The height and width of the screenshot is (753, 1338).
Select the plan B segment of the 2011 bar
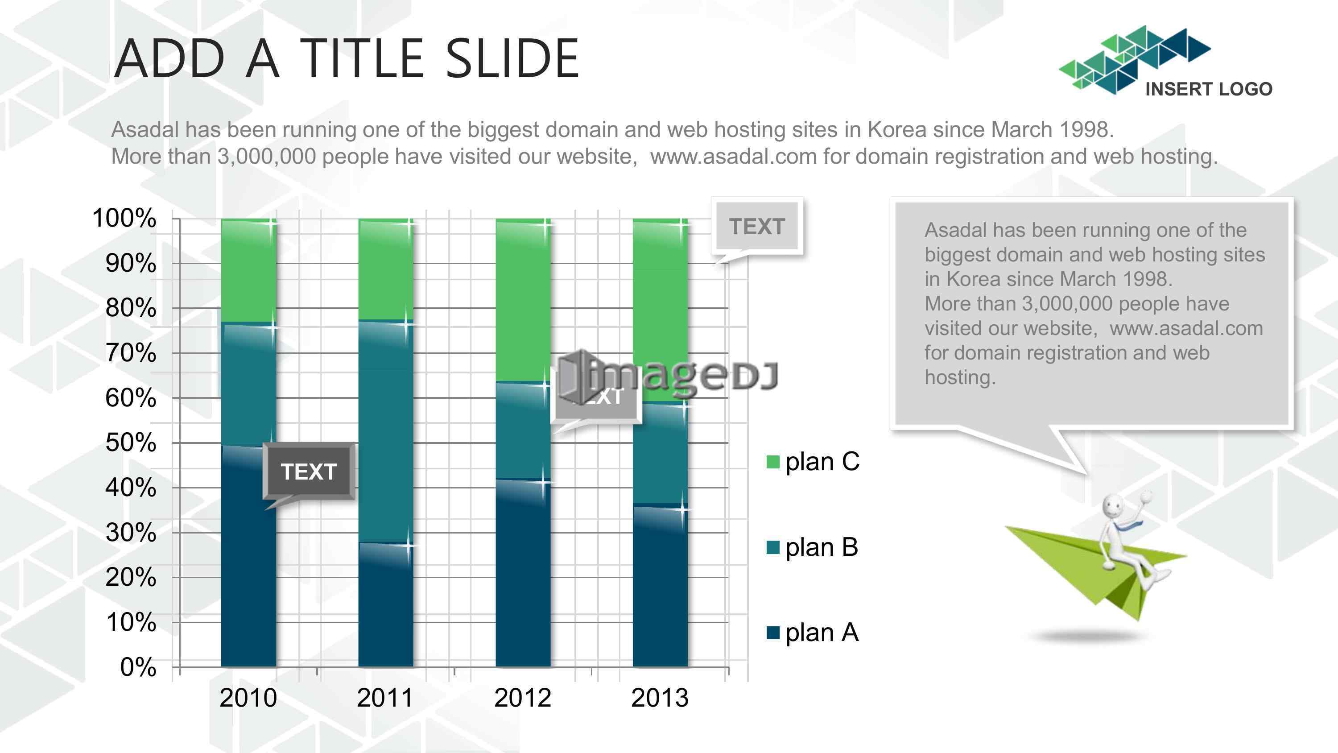click(385, 431)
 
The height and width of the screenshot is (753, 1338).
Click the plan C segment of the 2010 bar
click(248, 271)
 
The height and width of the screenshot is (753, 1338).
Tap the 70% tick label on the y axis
click(130, 353)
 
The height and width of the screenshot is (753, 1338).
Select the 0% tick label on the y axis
click(138, 667)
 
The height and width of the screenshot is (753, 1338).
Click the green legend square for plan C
click(773, 461)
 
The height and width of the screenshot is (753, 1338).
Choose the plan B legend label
click(822, 547)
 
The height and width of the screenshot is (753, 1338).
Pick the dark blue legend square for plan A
click(773, 633)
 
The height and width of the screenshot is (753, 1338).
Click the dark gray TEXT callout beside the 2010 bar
click(309, 472)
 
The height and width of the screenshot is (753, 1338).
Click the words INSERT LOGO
click(1209, 89)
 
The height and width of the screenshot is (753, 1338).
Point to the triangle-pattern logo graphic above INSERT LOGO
click(1135, 60)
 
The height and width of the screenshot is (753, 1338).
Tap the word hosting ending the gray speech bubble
click(960, 378)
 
